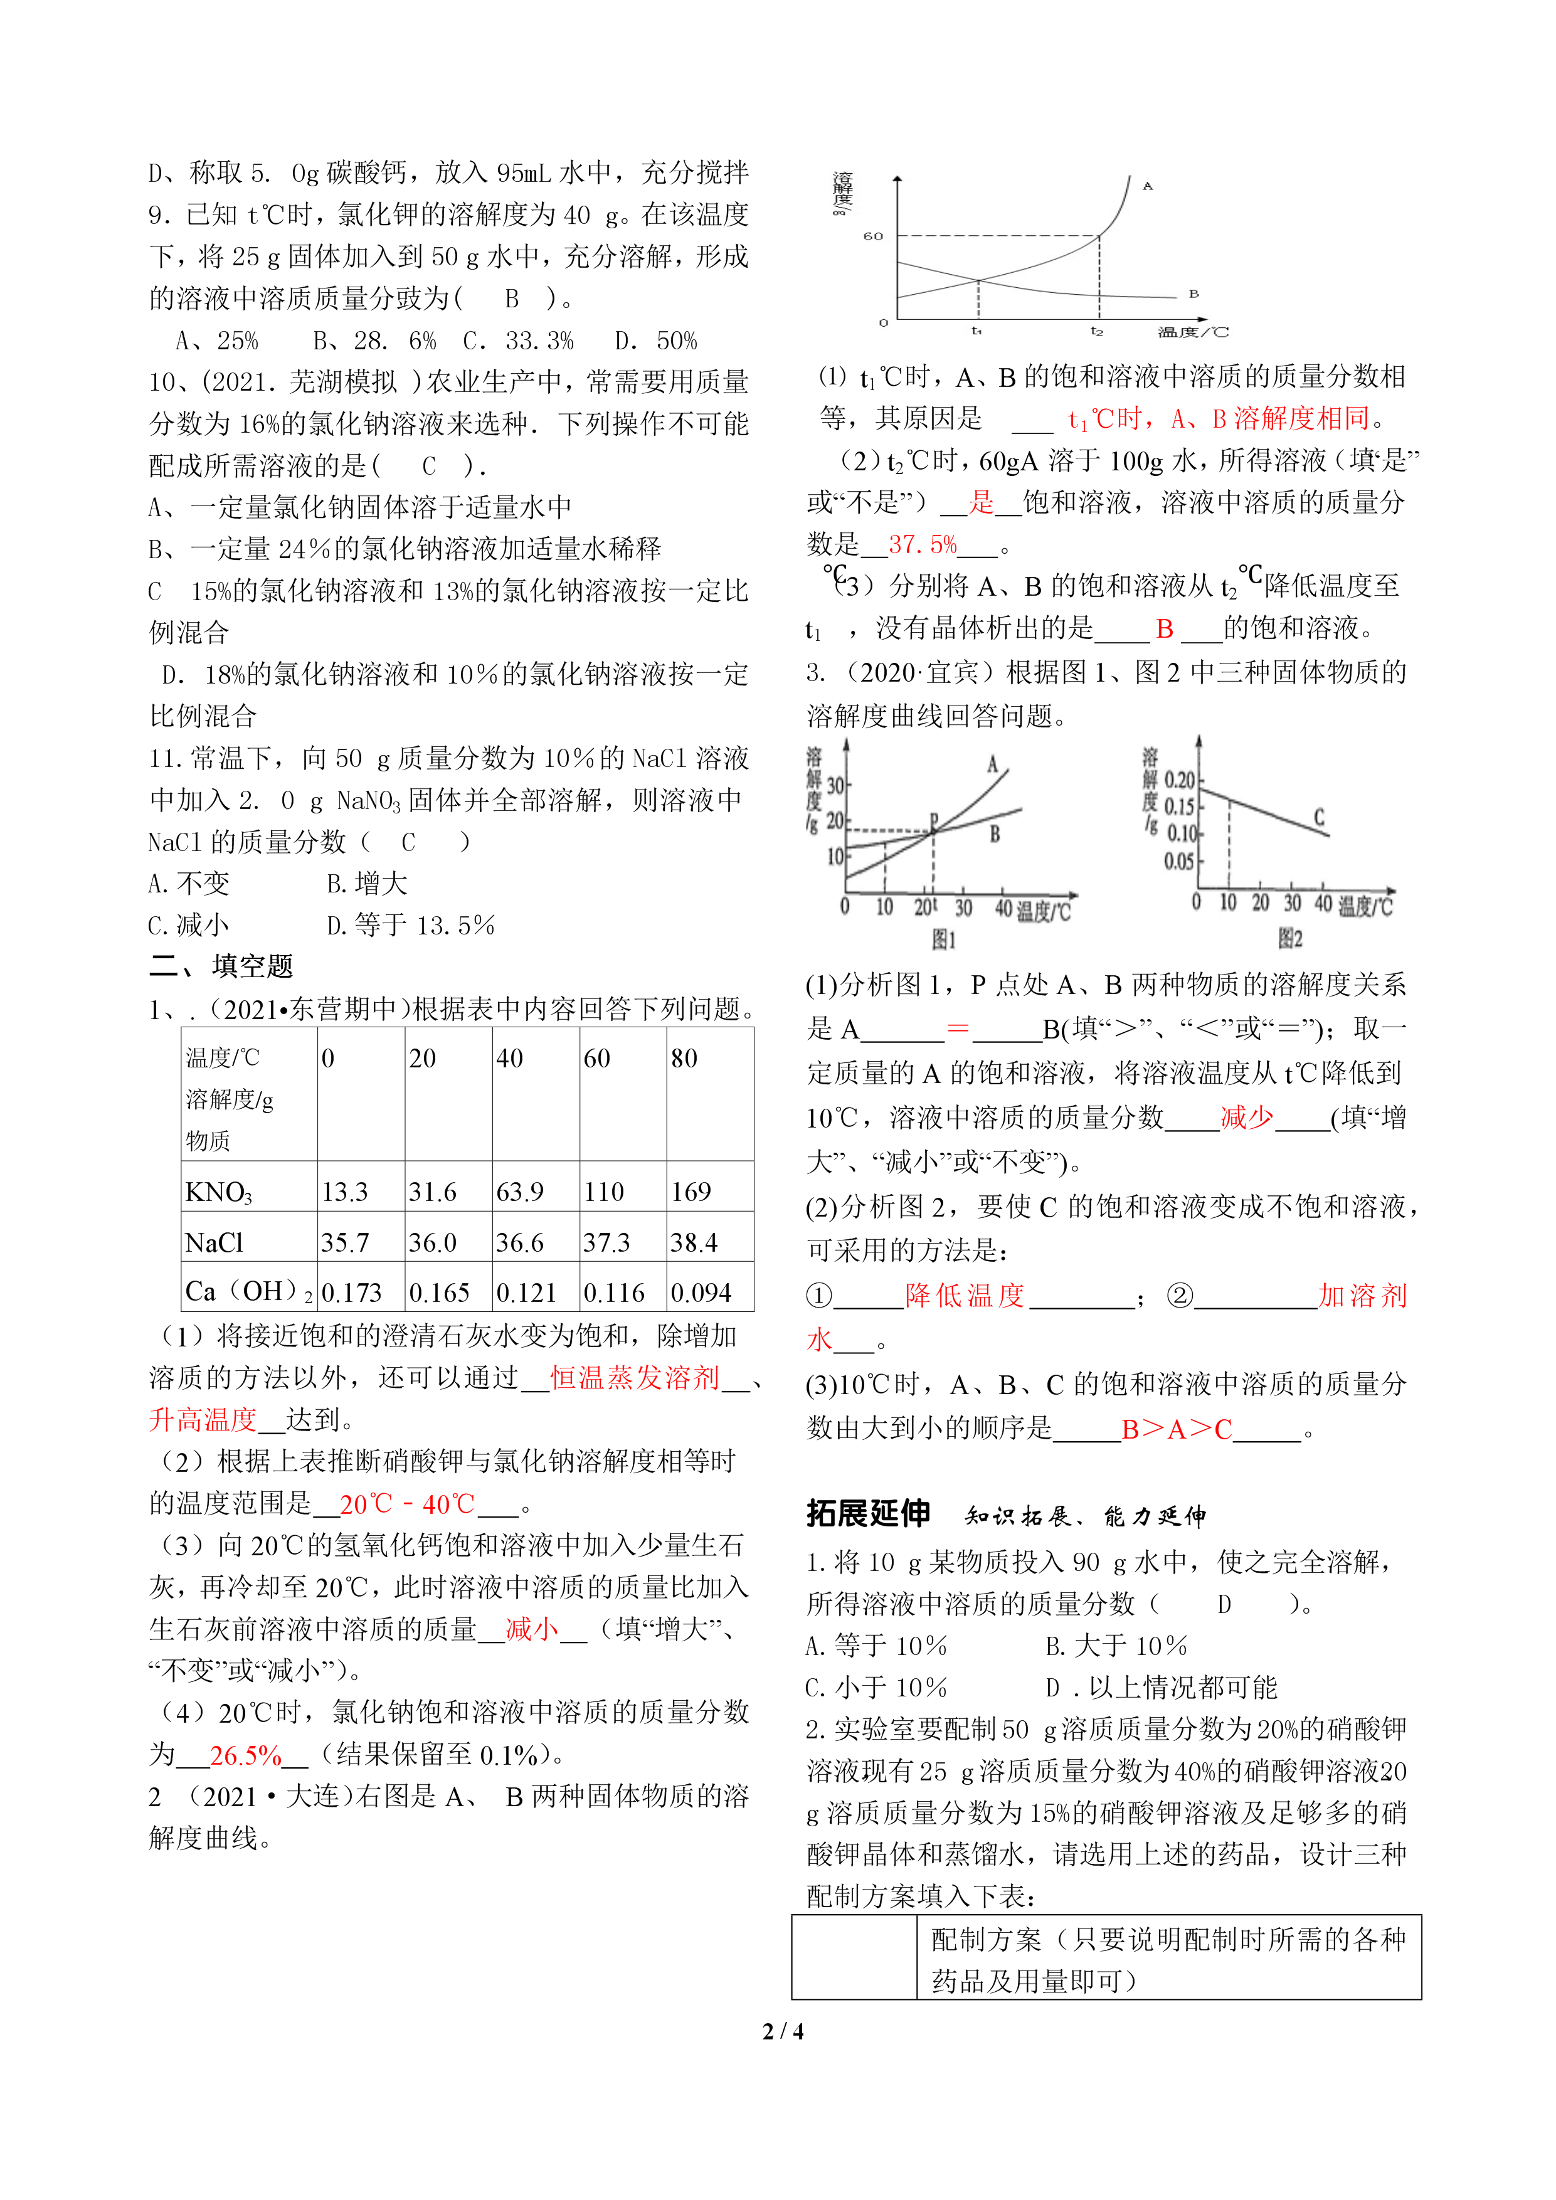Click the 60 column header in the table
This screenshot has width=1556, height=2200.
(597, 1058)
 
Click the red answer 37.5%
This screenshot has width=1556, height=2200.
(922, 544)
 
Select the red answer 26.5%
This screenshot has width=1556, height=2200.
(245, 1755)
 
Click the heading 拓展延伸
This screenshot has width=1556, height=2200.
(868, 1513)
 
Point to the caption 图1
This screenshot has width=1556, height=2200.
(944, 939)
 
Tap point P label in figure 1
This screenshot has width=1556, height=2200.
(934, 820)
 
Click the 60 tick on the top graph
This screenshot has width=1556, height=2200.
(873, 236)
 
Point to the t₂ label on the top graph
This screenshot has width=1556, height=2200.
(1097, 332)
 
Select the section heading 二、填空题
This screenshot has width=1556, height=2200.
(221, 966)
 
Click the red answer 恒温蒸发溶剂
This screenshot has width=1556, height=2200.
(634, 1378)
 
